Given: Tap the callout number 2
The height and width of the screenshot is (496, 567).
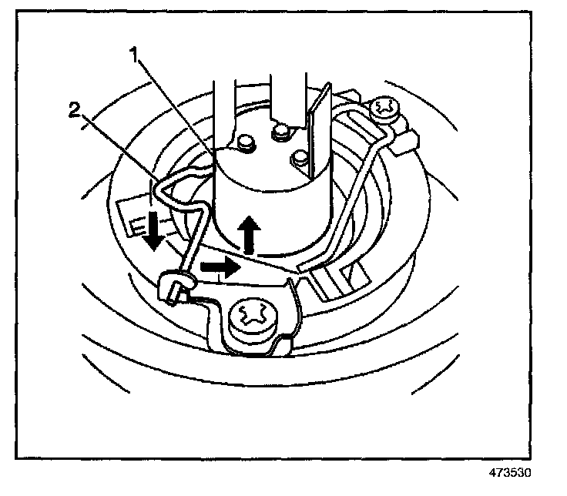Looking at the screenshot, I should click(73, 110).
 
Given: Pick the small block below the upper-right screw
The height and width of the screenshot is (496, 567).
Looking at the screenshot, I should click(408, 139).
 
